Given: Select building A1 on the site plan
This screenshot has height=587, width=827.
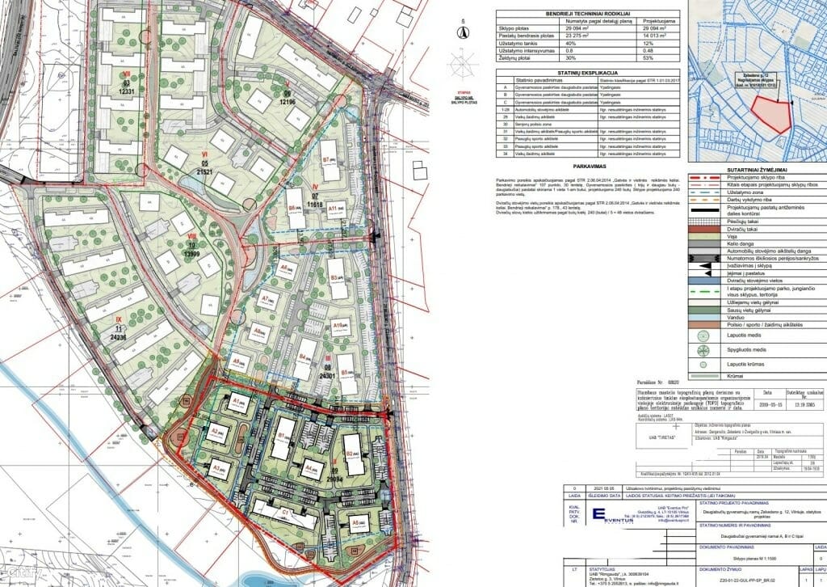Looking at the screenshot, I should [x=240, y=403].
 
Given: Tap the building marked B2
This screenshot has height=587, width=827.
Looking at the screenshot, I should [x=353, y=455].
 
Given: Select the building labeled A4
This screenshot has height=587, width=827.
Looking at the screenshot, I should [x=311, y=467].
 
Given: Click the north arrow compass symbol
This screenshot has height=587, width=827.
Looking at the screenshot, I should [x=463, y=32].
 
